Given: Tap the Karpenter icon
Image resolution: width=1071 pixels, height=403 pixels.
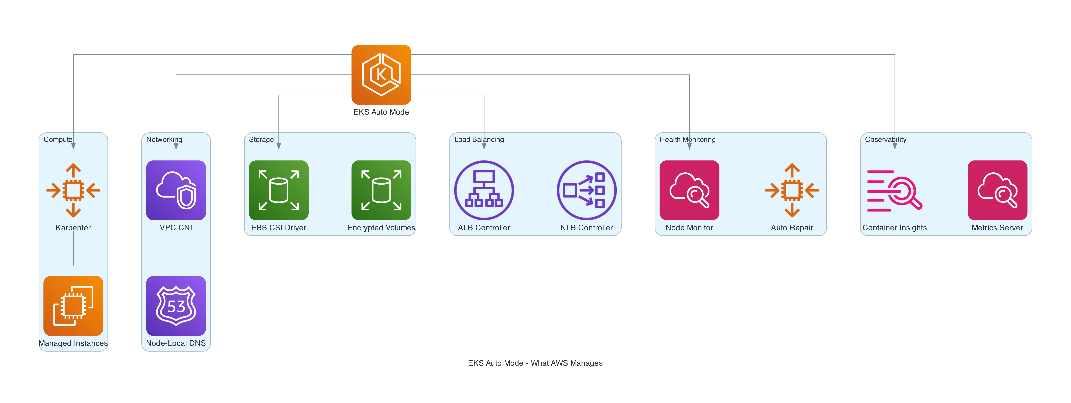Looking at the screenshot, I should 73,190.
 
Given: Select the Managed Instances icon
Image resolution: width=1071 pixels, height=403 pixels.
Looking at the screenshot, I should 73,306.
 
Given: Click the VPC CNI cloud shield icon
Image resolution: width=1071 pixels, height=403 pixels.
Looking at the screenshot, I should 176,190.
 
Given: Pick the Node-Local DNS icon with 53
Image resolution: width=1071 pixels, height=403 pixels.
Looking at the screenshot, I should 176,306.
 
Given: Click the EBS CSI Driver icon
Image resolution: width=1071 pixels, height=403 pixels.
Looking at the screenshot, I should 279,190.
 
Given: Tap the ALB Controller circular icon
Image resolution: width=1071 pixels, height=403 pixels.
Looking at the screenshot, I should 484,190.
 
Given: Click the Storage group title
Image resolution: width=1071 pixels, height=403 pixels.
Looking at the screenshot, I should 261,140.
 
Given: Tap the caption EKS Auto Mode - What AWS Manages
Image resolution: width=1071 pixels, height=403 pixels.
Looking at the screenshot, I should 535,363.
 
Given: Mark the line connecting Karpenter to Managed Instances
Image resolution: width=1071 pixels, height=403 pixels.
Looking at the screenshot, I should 73,249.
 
